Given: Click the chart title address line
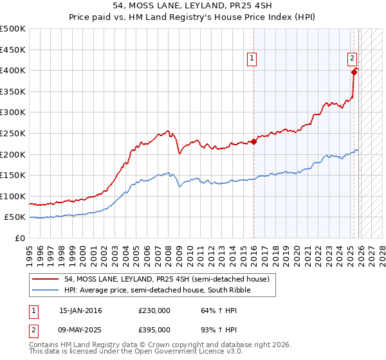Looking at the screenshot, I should (193, 6).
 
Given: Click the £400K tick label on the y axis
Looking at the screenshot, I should (13, 70).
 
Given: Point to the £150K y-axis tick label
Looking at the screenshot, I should (13, 175).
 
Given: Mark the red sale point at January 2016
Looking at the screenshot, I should (253, 141).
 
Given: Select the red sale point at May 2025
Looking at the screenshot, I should (354, 72).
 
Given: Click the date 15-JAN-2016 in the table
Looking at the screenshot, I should (80, 310).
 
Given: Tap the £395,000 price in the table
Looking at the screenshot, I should (154, 329).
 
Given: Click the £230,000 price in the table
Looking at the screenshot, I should (154, 310).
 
